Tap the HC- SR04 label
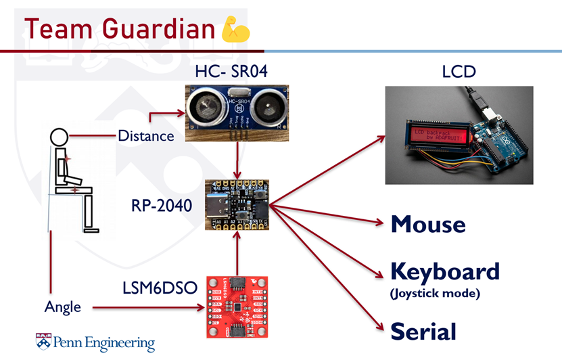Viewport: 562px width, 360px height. (x=227, y=72)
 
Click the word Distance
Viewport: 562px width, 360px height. (x=145, y=135)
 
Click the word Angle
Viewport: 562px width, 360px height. (x=63, y=307)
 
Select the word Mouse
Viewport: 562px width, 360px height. (x=428, y=224)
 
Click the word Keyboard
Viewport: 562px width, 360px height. (x=445, y=271)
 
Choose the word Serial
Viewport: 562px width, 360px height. (x=423, y=332)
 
